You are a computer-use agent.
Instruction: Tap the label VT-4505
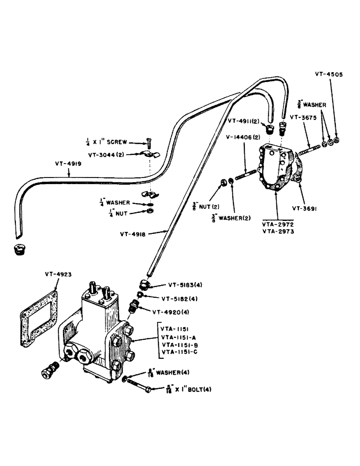(328, 74)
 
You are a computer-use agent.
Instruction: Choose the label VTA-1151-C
(180, 352)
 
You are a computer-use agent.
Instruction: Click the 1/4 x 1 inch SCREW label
(108, 142)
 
